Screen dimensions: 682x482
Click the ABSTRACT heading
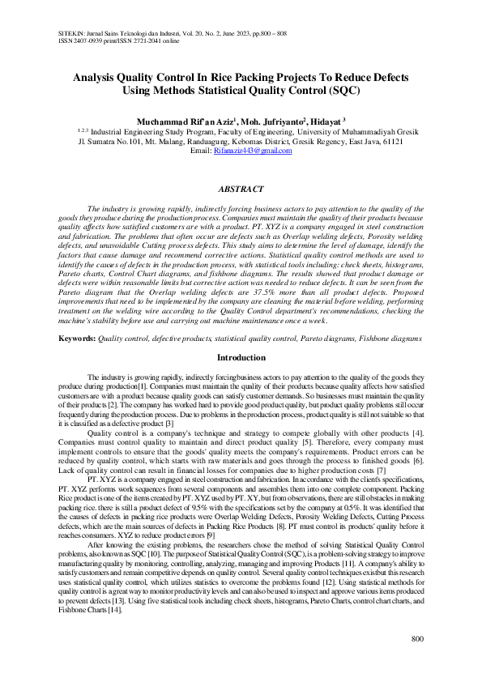pyautogui.click(x=241, y=189)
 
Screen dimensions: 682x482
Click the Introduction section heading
pyautogui.click(x=241, y=357)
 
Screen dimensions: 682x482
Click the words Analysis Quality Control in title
pyautogui.click(x=136, y=78)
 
